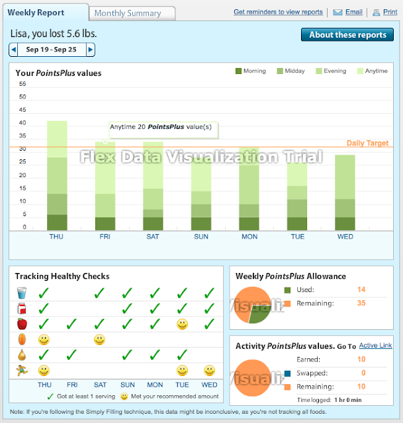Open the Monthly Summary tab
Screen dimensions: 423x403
(x=128, y=13)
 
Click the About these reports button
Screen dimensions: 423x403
(x=347, y=35)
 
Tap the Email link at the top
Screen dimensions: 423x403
(x=353, y=12)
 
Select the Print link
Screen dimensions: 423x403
(x=390, y=12)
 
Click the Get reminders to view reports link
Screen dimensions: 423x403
(x=278, y=12)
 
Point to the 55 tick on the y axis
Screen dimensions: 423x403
(x=22, y=84)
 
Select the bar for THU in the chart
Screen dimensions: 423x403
(x=57, y=176)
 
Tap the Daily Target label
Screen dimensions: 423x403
(x=367, y=143)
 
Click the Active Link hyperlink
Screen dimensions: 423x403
(x=375, y=346)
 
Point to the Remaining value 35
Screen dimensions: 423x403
(x=361, y=303)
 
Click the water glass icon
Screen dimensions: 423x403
(x=22, y=292)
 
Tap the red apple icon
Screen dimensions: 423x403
(x=22, y=324)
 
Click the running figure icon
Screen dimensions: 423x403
(x=22, y=371)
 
